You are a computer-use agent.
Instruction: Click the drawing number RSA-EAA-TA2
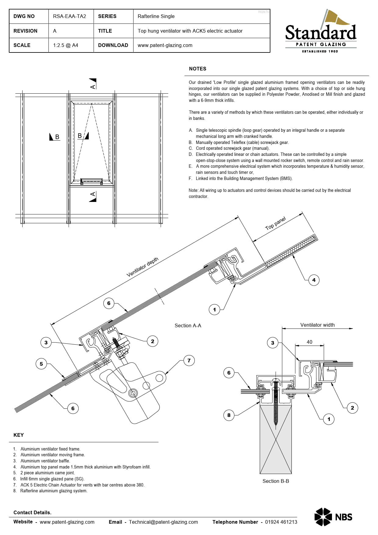(x=70, y=16)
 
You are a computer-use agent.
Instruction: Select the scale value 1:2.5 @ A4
(x=66, y=45)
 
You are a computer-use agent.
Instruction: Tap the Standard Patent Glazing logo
(x=321, y=31)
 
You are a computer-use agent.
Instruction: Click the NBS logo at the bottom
(x=333, y=517)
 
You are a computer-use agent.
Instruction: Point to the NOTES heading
(x=198, y=69)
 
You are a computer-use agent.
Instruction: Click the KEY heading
(x=19, y=435)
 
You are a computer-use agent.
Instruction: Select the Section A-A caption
(x=188, y=325)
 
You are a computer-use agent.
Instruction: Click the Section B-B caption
(x=276, y=481)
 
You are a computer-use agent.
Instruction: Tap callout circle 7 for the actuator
(x=189, y=361)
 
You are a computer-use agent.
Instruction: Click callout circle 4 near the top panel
(x=314, y=280)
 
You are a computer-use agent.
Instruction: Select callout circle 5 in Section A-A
(x=41, y=364)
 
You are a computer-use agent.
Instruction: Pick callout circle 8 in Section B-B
(x=229, y=415)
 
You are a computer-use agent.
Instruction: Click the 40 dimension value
(x=309, y=342)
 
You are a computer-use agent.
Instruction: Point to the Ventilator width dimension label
(x=317, y=325)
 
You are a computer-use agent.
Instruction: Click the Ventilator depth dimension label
(x=143, y=267)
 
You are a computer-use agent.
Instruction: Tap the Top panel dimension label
(x=276, y=224)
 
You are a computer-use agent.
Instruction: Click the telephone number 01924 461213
(x=281, y=522)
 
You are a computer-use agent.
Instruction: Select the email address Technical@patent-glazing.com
(x=163, y=522)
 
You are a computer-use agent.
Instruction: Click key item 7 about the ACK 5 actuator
(x=79, y=485)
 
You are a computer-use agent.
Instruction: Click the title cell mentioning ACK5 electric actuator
(x=190, y=31)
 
